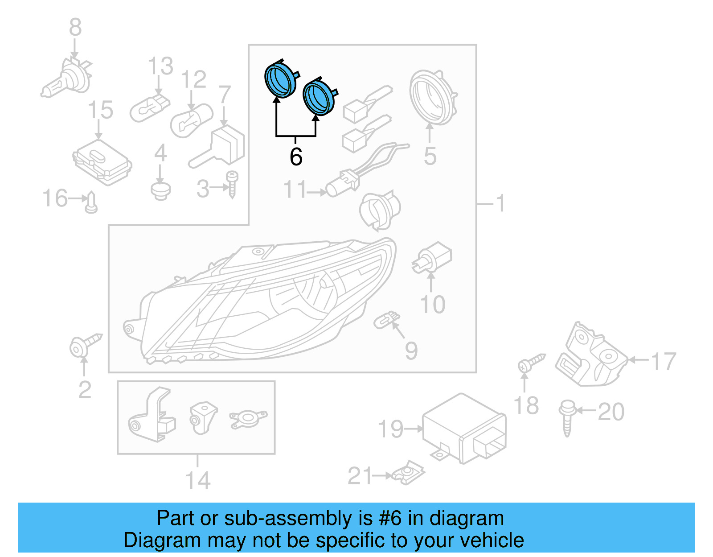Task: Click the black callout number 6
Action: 296,157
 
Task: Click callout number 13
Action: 160,66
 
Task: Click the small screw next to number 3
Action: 232,184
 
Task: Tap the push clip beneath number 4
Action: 160,190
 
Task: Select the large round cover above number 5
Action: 432,98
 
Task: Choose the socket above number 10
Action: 432,259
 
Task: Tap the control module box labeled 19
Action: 463,428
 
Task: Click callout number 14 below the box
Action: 197,480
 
